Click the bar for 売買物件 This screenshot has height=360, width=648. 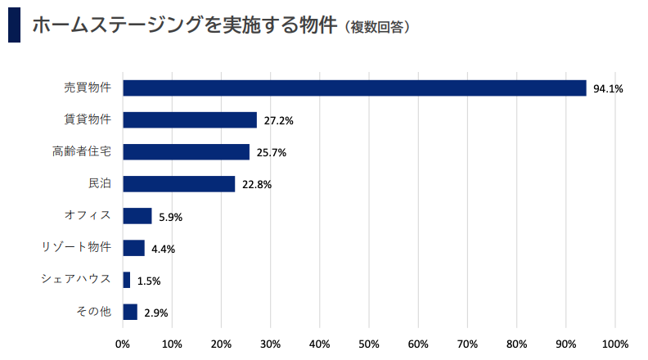(x=354, y=88)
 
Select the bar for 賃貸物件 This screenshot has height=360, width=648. (x=190, y=120)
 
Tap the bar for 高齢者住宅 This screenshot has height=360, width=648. (x=186, y=152)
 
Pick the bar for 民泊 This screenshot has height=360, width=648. (x=178, y=184)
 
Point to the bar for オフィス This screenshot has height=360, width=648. (x=137, y=216)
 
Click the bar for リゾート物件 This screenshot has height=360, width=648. (x=133, y=248)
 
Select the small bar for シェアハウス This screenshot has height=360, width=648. (x=126, y=280)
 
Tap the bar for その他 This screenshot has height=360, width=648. (x=129, y=312)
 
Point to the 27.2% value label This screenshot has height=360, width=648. (x=278, y=121)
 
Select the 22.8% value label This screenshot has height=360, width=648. (x=257, y=185)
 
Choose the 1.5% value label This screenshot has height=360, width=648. (x=149, y=281)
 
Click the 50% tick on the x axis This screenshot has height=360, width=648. (x=369, y=344)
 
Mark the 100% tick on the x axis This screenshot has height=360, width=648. (x=614, y=344)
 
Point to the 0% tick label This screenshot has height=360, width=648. (x=123, y=344)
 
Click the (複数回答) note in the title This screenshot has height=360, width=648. (x=376, y=27)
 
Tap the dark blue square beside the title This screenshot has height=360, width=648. (x=14, y=25)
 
